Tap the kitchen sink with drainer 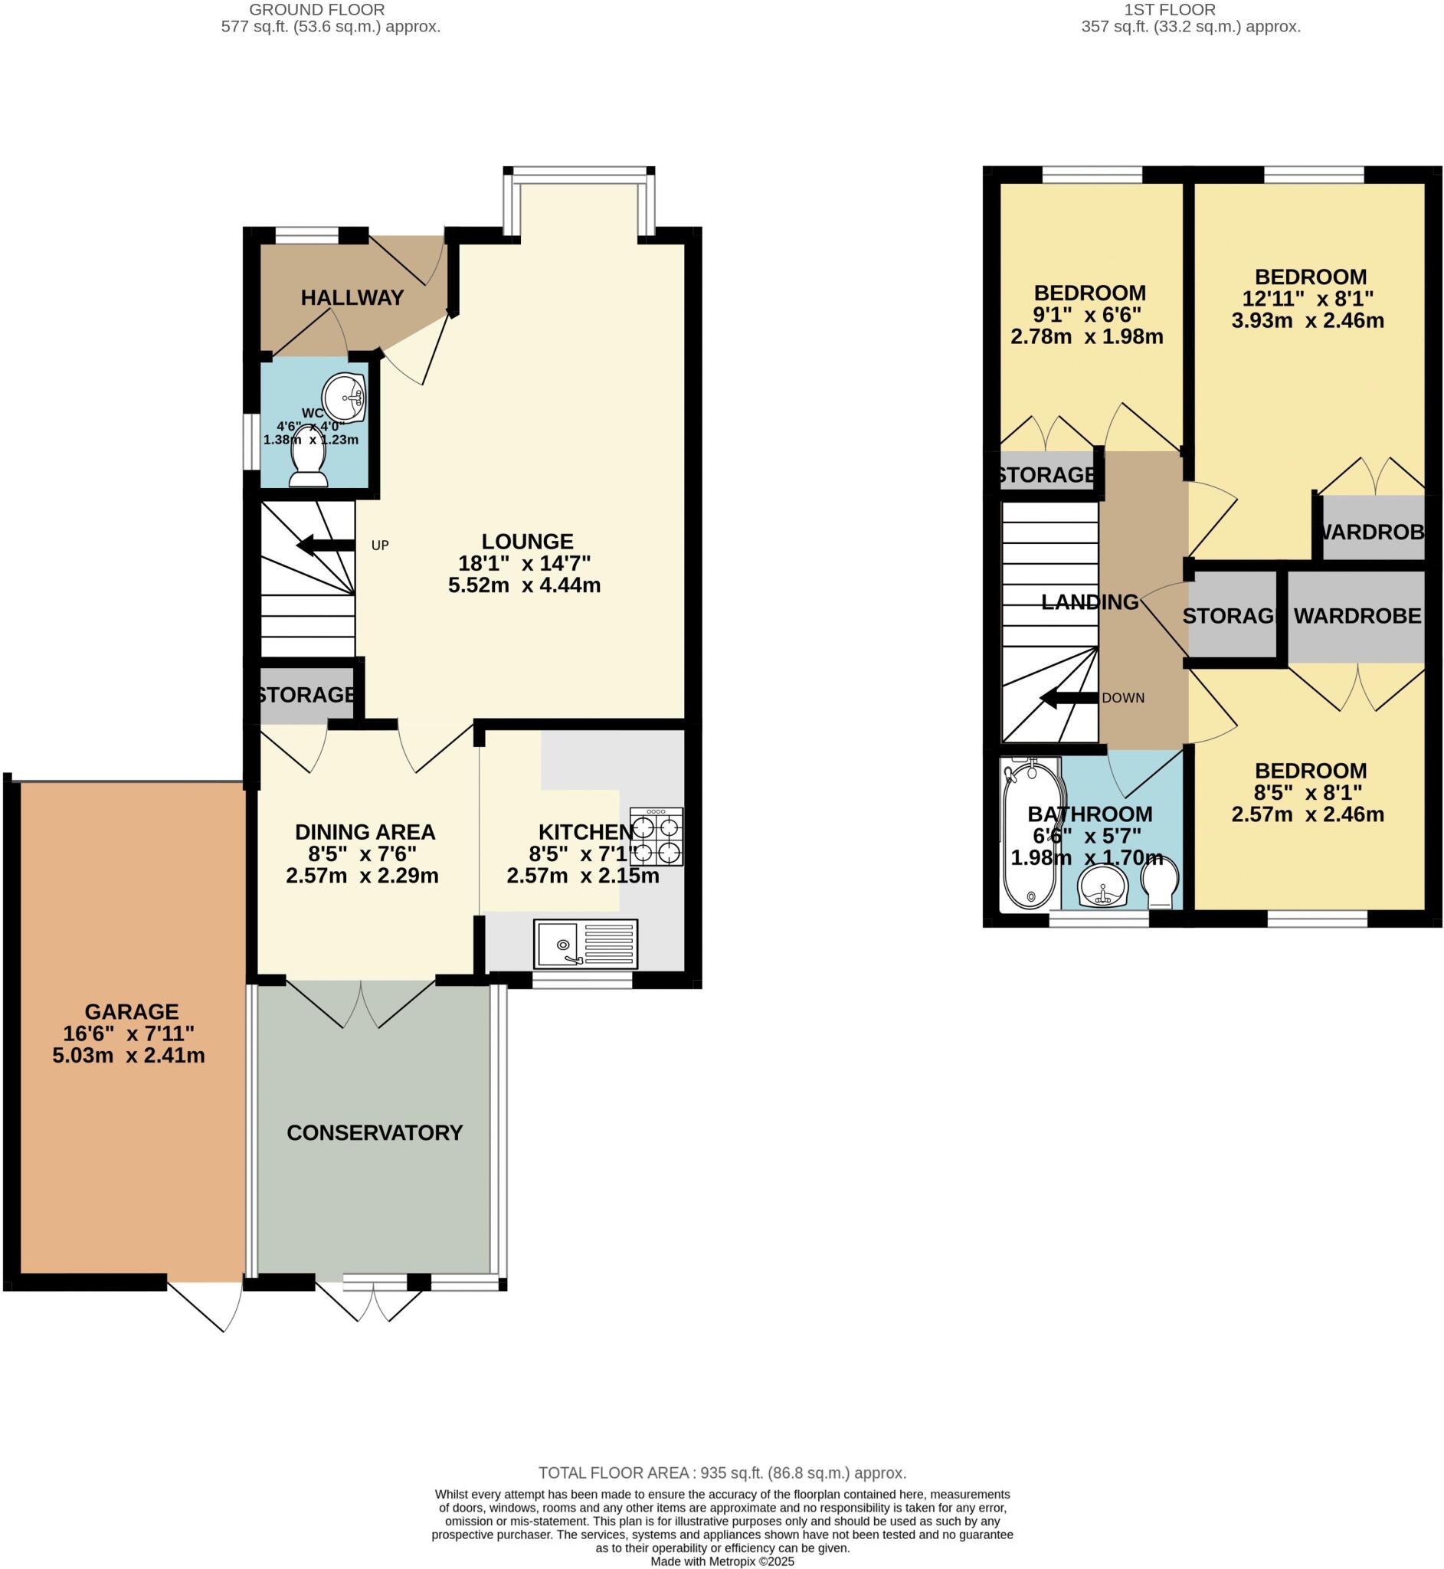586,944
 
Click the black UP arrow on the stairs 325,545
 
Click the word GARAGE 131,1011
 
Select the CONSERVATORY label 375,1132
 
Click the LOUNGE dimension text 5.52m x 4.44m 524,585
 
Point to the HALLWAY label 352,297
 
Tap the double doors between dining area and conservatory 361,1004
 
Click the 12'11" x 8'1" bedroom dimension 1311,299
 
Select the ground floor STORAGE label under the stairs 306,694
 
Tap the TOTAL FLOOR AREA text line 722,1473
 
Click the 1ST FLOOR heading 1169,9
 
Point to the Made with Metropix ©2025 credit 722,1561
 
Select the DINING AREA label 365,831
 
